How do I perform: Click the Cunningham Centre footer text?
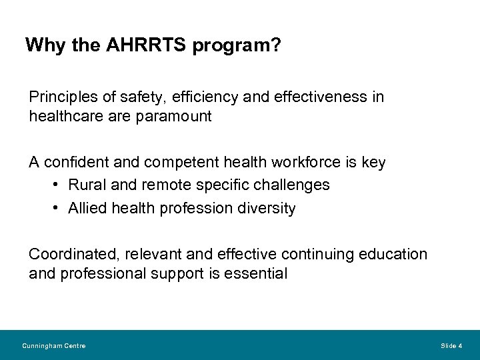point(53,345)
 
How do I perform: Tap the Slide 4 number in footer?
point(452,345)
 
